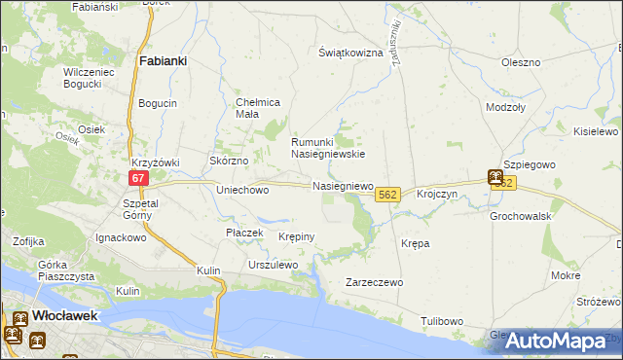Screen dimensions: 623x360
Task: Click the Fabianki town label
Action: tap(163, 60)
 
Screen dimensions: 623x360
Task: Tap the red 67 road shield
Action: tap(138, 178)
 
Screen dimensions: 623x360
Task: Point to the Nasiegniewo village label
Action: tap(343, 185)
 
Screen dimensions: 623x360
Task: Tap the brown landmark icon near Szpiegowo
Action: tap(495, 178)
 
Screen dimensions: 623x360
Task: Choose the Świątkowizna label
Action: tap(351, 53)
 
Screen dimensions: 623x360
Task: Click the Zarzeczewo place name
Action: tap(375, 282)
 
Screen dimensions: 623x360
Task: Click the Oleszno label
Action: tap(520, 62)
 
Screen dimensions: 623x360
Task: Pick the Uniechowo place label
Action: tap(241, 191)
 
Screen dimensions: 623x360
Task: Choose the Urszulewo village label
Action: tap(273, 265)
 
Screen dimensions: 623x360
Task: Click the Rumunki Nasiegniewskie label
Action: tap(328, 147)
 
